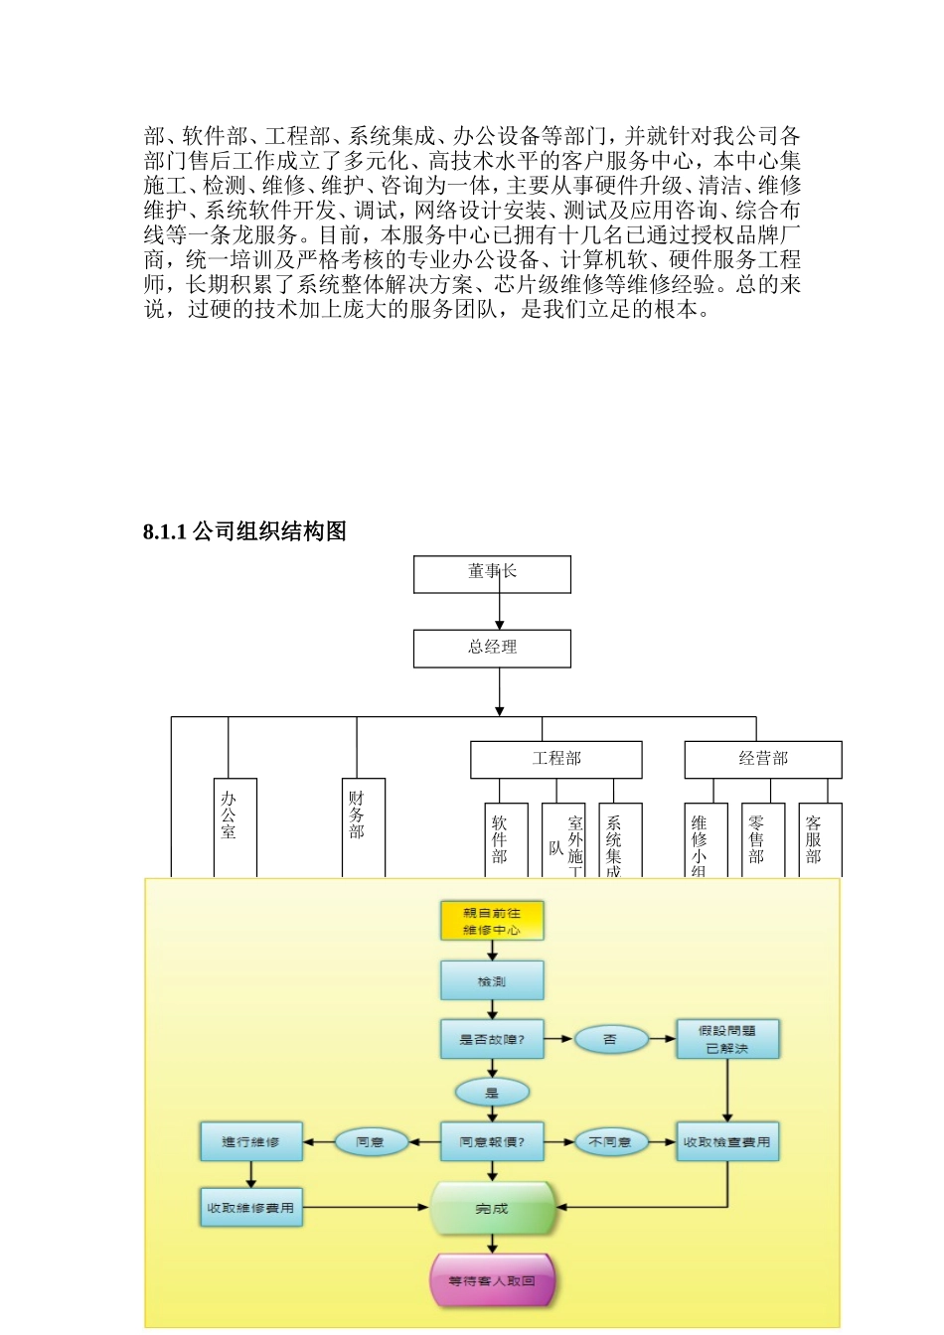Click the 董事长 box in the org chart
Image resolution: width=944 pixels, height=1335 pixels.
coord(492,574)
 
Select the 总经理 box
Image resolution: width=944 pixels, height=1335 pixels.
coord(492,648)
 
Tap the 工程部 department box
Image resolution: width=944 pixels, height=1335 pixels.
coord(555,759)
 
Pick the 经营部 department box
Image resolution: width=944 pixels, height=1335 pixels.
coord(762,759)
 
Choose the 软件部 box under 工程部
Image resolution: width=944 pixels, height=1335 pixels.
coord(506,839)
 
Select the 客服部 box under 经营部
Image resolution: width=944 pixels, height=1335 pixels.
coord(820,839)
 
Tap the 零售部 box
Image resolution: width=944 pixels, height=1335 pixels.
coord(762,839)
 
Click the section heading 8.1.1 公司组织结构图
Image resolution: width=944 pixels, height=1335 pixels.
coord(244,531)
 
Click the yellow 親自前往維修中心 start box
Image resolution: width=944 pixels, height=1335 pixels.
coord(492,921)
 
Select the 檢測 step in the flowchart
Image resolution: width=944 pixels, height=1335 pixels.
coord(492,980)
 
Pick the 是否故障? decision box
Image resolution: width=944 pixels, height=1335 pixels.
coord(492,1039)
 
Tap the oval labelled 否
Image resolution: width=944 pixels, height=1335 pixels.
coord(610,1039)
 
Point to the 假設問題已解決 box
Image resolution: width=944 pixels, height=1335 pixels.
coord(727,1039)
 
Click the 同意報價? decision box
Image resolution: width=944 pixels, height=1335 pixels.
coord(492,1141)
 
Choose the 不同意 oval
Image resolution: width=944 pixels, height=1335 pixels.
coord(610,1141)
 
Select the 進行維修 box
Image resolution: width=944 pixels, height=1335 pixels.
coord(250,1141)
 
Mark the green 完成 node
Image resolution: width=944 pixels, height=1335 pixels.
coord(492,1208)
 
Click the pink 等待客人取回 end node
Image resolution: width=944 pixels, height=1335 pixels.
coord(492,1280)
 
